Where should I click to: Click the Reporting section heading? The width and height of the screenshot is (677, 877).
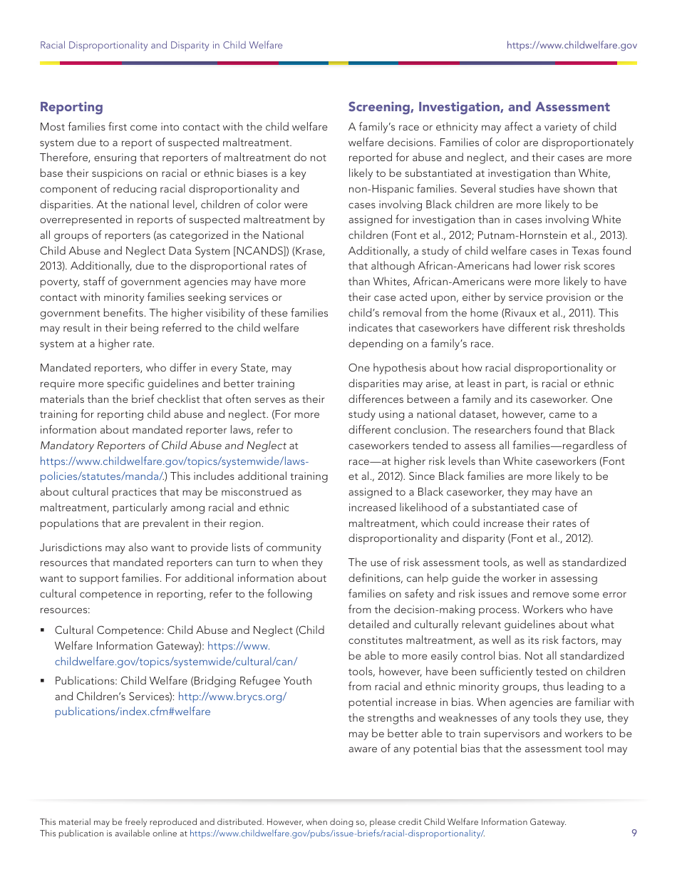[x=71, y=107]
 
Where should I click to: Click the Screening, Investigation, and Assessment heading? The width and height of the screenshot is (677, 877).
[x=478, y=107]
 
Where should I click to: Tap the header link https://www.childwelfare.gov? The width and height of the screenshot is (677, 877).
[x=572, y=45]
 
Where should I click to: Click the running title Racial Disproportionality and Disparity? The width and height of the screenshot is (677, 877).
[x=161, y=45]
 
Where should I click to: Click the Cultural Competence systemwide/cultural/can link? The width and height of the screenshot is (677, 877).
[x=175, y=661]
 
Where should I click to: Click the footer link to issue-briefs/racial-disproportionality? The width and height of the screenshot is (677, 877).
[x=336, y=833]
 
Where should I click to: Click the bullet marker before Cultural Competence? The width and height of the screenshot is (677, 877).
[x=43, y=630]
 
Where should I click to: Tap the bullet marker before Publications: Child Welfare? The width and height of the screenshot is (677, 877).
[x=43, y=681]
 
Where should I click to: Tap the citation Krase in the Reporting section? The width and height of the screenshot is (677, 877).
[x=308, y=251]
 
